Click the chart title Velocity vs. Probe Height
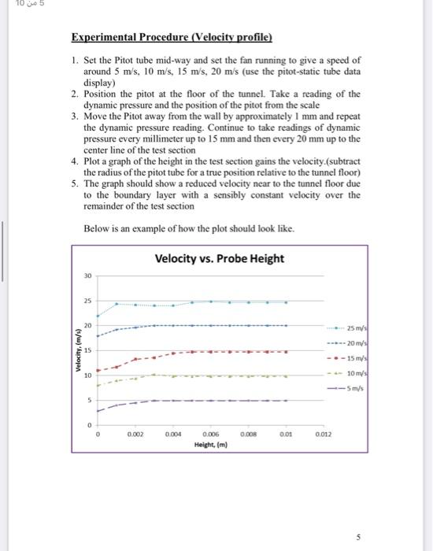[x=219, y=259]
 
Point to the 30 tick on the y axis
[x=88, y=276]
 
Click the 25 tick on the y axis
[x=88, y=301]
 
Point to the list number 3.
[x=73, y=116]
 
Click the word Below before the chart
[x=97, y=228]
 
